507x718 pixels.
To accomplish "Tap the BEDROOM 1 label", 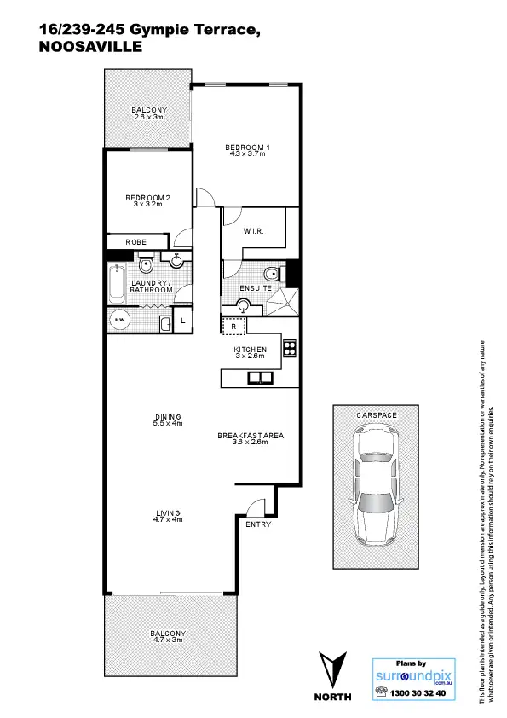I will point(247,148).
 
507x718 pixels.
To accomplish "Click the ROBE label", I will point(136,242).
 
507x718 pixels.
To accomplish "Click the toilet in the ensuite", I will point(272,274).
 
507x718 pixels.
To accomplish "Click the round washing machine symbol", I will point(119,321).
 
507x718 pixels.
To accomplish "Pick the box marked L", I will point(183,321).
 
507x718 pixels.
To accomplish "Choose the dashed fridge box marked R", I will point(233,326).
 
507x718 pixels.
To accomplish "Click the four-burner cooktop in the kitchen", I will point(289,348).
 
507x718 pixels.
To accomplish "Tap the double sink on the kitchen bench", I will point(256,378).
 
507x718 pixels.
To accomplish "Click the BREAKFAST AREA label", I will point(251,436).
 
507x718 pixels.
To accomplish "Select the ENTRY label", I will point(258,524).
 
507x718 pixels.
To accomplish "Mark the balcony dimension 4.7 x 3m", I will point(167,641).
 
